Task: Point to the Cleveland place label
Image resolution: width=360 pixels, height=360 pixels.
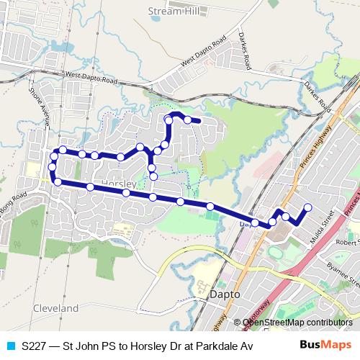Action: (x=55, y=308)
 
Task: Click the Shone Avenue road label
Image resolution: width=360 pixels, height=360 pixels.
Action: (x=39, y=105)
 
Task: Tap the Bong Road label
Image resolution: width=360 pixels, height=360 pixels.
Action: (x=14, y=199)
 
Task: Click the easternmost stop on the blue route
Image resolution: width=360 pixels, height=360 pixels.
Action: (x=307, y=208)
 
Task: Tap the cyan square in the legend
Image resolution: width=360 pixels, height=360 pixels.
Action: (x=9, y=346)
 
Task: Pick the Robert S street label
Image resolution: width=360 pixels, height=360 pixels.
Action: (x=348, y=243)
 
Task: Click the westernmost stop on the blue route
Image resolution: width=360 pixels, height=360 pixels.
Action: (x=52, y=168)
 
